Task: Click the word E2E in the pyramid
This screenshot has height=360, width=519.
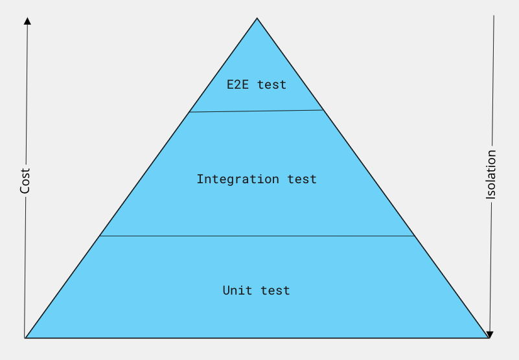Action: tap(238, 85)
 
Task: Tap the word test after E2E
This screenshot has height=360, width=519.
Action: tap(271, 85)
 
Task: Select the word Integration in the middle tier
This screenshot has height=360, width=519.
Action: tap(238, 179)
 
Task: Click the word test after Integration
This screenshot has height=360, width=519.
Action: tap(302, 179)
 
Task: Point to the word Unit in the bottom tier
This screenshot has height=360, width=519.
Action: tap(237, 291)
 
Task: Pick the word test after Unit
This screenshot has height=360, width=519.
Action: tap(275, 291)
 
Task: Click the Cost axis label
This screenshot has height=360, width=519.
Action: tap(25, 181)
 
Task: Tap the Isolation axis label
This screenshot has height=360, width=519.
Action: tap(491, 174)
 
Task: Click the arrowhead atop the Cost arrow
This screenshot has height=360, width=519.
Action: tap(27, 21)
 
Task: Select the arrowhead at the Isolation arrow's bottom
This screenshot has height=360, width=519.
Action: tap(490, 335)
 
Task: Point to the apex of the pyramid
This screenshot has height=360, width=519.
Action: tap(257, 18)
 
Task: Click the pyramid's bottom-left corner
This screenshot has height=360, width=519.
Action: tap(25, 338)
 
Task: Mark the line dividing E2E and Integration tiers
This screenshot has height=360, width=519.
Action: tap(256, 111)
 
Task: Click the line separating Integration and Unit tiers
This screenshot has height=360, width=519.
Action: tap(257, 236)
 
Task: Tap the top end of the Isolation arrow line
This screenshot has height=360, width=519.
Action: tap(494, 16)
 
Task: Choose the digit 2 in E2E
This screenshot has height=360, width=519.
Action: tap(238, 85)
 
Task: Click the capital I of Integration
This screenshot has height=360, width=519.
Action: tap(200, 179)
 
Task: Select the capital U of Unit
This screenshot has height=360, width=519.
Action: tap(227, 291)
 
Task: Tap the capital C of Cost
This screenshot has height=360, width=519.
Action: tap(25, 190)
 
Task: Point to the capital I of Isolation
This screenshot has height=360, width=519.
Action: tap(491, 198)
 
